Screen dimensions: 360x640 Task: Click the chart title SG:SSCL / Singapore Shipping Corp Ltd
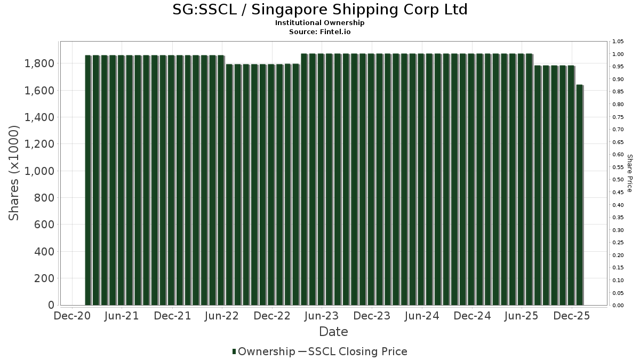click(x=320, y=10)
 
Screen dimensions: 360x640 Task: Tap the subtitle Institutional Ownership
click(x=320, y=23)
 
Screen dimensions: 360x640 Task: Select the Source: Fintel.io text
click(x=320, y=32)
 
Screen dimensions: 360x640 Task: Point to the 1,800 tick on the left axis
click(x=39, y=63)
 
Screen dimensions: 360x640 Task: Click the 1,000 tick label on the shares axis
click(x=39, y=171)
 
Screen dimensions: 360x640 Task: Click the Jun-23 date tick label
click(x=322, y=316)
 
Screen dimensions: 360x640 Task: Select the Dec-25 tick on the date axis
click(x=572, y=316)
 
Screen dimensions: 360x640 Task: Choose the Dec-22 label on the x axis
click(x=272, y=316)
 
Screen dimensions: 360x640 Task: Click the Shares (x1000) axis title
click(x=14, y=172)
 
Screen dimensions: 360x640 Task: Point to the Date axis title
click(x=333, y=332)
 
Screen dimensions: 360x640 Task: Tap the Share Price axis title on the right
click(x=629, y=173)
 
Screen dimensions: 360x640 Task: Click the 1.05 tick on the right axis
click(x=618, y=42)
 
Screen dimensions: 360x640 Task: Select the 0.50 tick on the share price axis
click(x=618, y=180)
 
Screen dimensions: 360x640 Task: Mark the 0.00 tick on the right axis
click(x=618, y=306)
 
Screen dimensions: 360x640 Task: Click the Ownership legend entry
click(x=263, y=351)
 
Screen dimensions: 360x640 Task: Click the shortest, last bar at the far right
click(x=580, y=195)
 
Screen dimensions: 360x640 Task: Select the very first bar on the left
click(x=88, y=180)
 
